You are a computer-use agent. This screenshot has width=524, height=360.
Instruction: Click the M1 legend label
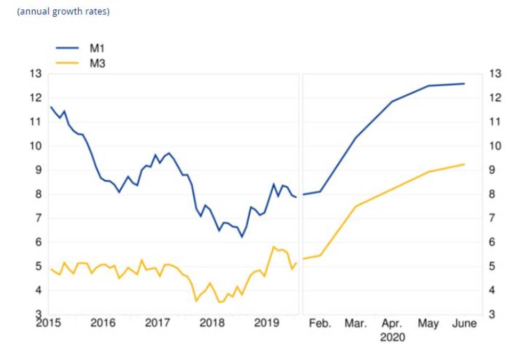click(x=97, y=48)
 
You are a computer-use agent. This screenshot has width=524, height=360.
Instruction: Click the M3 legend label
click(x=97, y=63)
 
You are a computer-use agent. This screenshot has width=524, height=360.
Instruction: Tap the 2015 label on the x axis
click(x=49, y=323)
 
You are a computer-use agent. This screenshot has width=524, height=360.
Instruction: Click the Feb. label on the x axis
click(x=320, y=323)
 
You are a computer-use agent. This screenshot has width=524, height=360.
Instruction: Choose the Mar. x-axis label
click(x=356, y=323)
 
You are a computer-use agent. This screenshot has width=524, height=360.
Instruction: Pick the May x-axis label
click(x=428, y=323)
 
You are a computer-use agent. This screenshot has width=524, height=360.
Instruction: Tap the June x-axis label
click(x=464, y=323)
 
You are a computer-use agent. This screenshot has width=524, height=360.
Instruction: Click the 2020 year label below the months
click(x=392, y=337)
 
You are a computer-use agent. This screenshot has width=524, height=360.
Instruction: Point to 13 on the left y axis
click(x=35, y=74)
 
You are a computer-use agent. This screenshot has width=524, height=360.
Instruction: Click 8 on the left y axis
click(x=38, y=194)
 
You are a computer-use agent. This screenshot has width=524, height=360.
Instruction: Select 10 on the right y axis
click(x=495, y=146)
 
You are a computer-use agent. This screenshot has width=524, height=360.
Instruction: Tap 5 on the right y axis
click(x=492, y=266)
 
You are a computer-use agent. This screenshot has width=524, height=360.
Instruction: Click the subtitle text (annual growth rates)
click(x=63, y=11)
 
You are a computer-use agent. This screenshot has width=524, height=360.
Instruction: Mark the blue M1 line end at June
click(x=464, y=83)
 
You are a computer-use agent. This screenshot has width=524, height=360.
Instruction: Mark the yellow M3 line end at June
click(x=464, y=164)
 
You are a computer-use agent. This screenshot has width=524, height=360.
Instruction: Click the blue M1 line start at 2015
click(x=51, y=107)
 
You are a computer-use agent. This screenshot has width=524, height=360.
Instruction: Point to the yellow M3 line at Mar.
click(x=356, y=206)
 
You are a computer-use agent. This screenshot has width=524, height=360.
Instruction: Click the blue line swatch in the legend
click(x=68, y=48)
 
